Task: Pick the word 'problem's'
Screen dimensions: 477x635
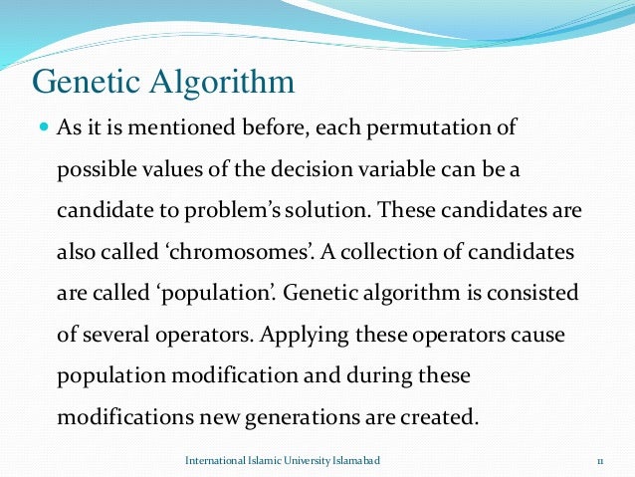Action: point(265,214)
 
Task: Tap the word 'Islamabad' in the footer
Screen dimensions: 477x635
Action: point(350,462)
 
